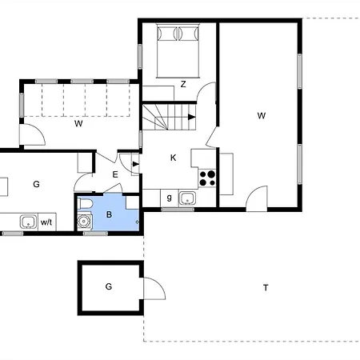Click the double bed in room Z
pos(178,50)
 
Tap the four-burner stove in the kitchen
pos(207,178)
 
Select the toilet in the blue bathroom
pos(85,204)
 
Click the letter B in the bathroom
pos(109,214)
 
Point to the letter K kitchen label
pos(173,158)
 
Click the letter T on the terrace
pos(266,288)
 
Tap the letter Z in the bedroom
pos(183,84)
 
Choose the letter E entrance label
pos(115,174)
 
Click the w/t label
pos(46,222)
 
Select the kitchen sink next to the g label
pos(187,198)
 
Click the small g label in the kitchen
pos(169,198)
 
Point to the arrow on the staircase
pos(191,117)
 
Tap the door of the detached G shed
pos(154,289)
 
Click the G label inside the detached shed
pos(109,286)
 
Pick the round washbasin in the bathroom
pos(84,221)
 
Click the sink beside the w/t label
pos(28,222)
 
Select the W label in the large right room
pos(262,116)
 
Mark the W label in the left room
pos(78,123)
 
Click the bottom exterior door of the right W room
pos(257,198)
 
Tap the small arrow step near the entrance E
pos(135,164)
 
